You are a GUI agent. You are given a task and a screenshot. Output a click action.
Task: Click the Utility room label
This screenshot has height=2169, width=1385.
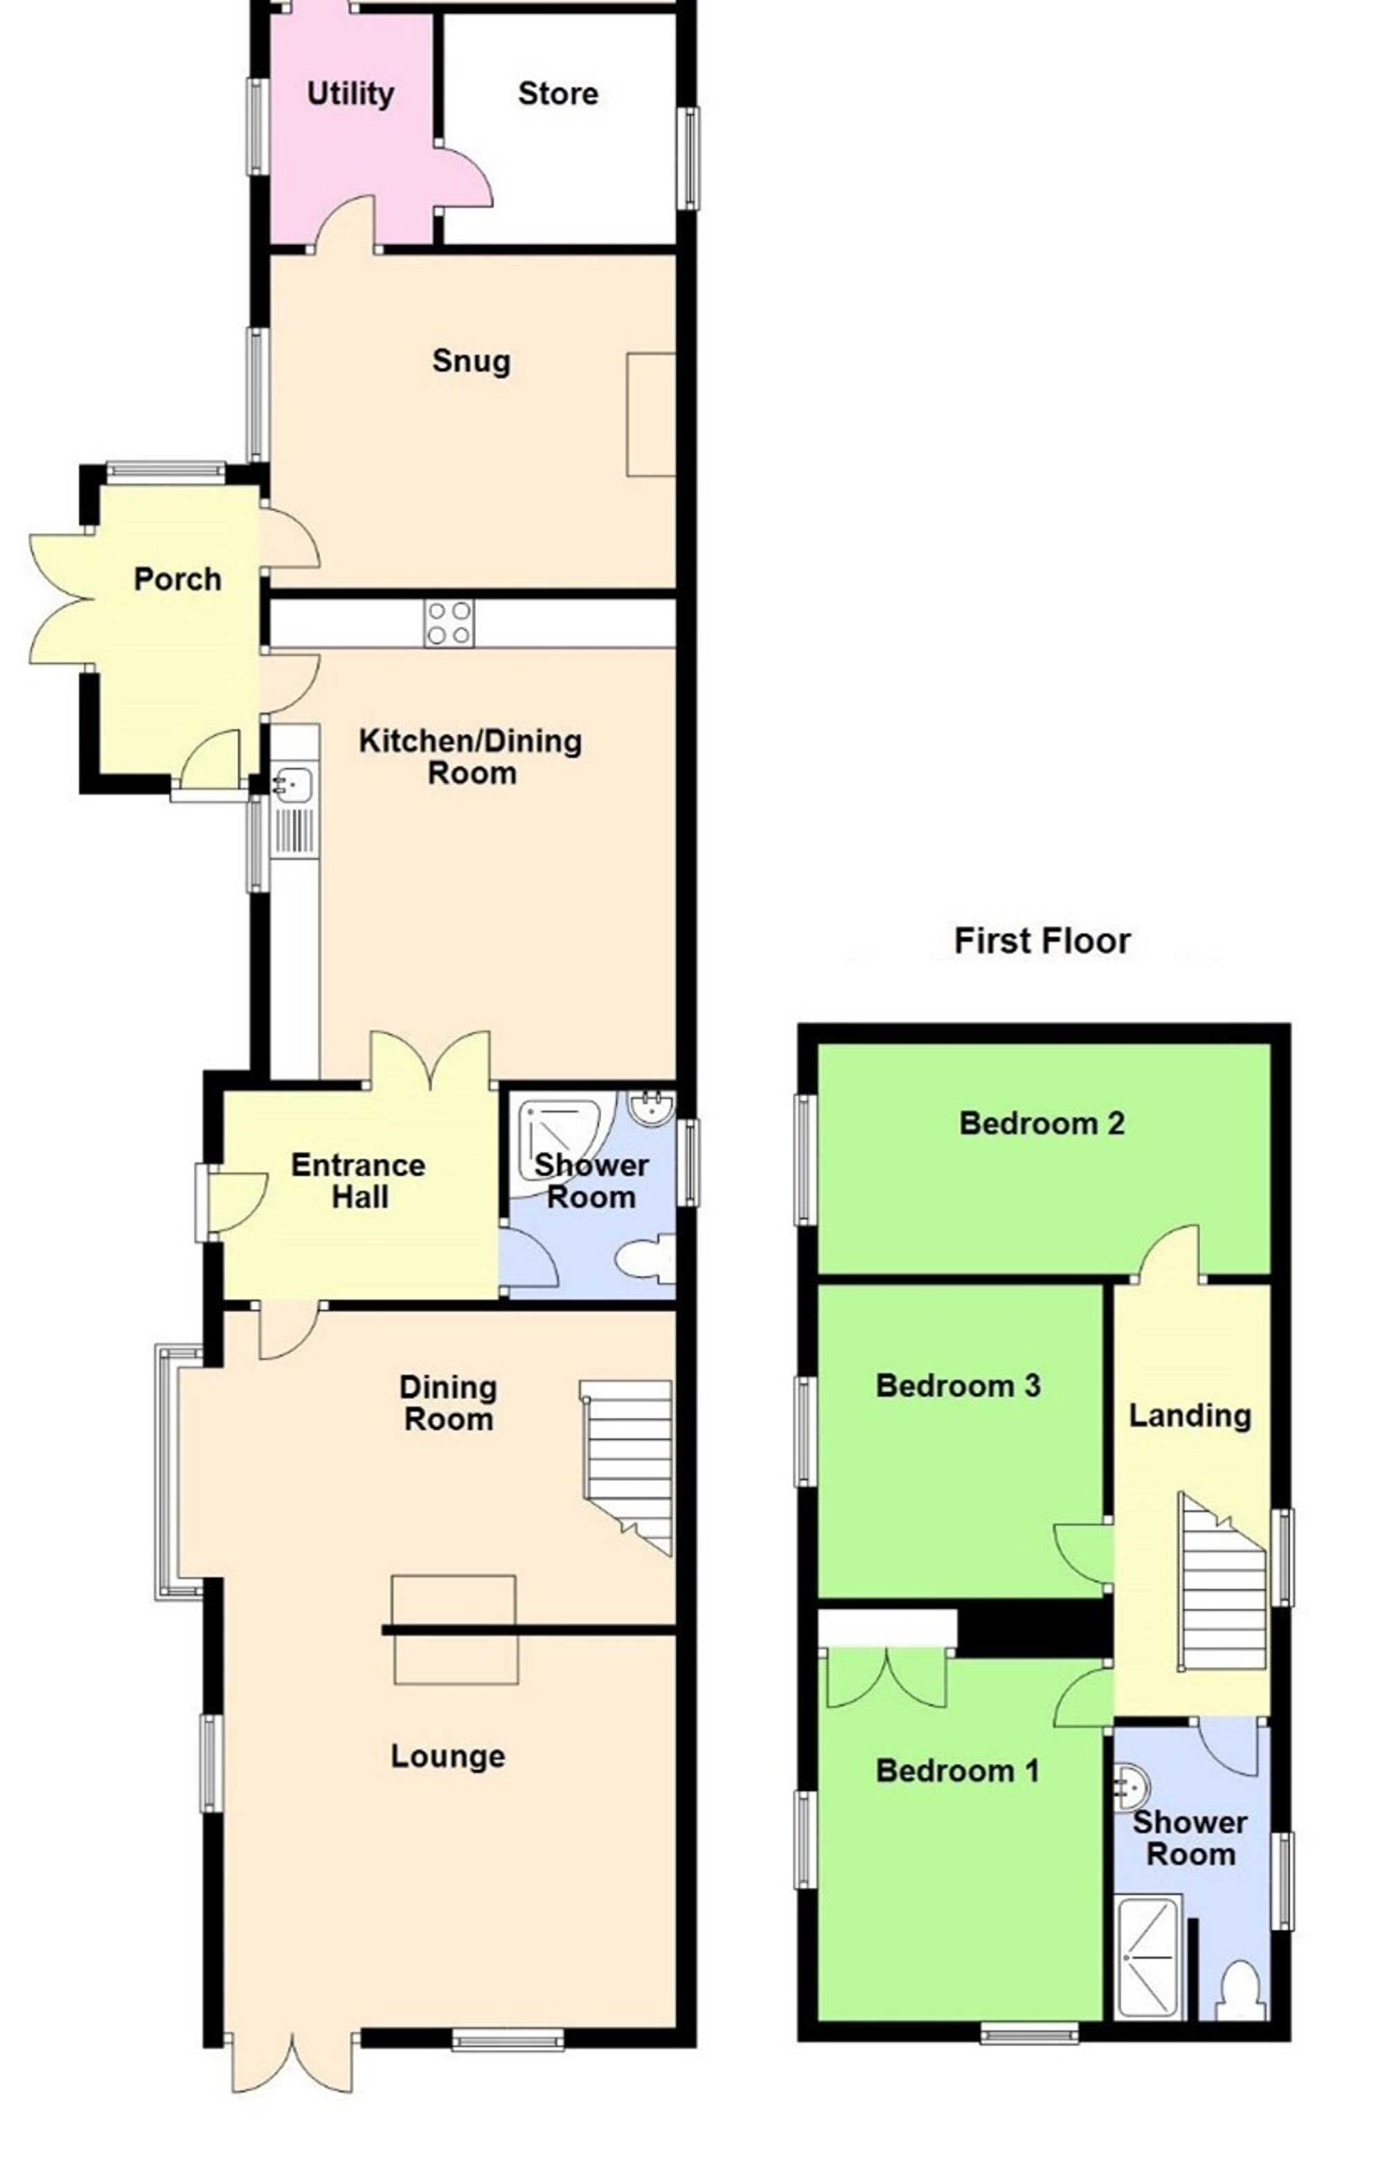(350, 93)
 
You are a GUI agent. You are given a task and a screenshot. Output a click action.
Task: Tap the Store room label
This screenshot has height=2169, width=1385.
(557, 93)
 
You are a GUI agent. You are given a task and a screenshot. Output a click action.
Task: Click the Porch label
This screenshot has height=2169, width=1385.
(177, 579)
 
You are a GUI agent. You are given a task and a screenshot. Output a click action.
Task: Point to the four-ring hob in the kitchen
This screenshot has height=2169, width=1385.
(449, 623)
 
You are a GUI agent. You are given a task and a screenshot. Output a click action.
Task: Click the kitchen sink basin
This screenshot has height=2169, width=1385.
(294, 783)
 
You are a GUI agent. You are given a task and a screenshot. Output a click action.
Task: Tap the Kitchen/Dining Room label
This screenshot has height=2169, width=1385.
(470, 757)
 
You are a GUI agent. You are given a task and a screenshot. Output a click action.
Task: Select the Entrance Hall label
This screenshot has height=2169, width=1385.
(359, 1181)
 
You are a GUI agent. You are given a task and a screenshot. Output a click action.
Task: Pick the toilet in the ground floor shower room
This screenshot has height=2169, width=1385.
(644, 1259)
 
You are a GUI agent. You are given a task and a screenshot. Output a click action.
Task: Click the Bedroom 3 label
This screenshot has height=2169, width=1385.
(958, 1385)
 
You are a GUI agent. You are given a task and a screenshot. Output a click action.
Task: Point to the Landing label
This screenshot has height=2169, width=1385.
(1190, 1416)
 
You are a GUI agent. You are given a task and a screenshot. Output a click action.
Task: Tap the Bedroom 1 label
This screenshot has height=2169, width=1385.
(957, 1771)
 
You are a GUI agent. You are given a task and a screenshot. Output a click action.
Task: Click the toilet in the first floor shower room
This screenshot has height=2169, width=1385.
(1238, 1990)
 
